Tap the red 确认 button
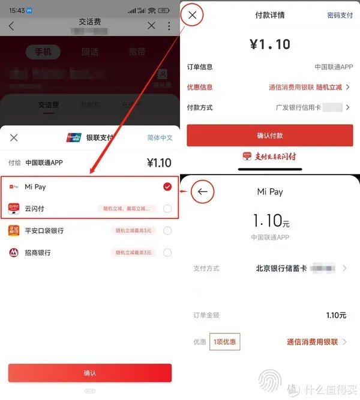click(x=90, y=372)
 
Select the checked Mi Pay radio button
click(x=167, y=187)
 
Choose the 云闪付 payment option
click(x=35, y=209)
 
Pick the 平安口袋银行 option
click(x=44, y=231)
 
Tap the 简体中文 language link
click(x=160, y=138)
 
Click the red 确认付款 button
click(x=269, y=135)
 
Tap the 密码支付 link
click(x=340, y=16)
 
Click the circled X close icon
click(x=192, y=16)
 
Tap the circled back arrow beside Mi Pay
click(x=202, y=192)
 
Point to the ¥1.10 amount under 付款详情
click(x=269, y=44)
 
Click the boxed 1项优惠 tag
click(x=225, y=342)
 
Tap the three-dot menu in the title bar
click(x=169, y=26)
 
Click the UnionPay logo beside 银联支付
click(x=73, y=138)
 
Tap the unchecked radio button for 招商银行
click(x=167, y=252)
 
